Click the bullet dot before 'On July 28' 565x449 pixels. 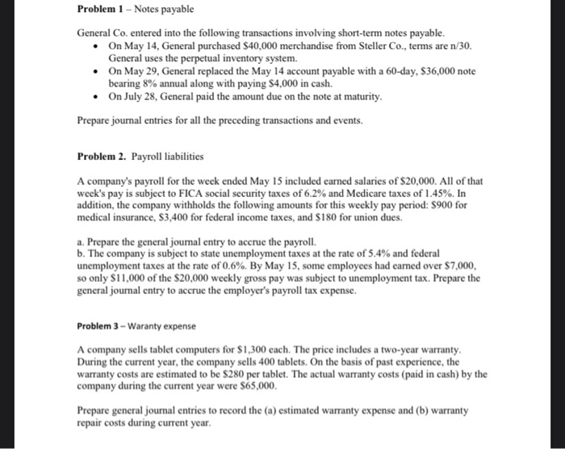(97, 97)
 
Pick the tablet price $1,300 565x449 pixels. (245, 350)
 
